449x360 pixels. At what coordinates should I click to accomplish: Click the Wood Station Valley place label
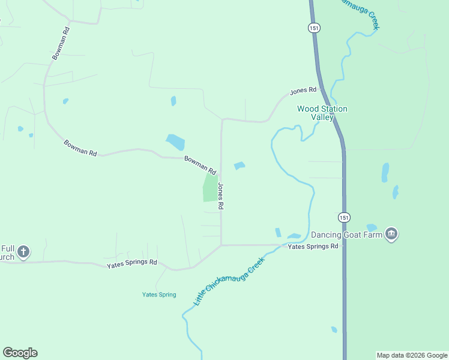click(322, 113)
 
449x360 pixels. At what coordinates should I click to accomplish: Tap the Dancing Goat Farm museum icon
click(391, 233)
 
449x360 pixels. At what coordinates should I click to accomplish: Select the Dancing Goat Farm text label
click(347, 234)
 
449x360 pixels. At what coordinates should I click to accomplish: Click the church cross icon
click(23, 251)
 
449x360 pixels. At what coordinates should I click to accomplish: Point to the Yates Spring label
click(159, 295)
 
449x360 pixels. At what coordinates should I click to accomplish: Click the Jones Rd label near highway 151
click(303, 91)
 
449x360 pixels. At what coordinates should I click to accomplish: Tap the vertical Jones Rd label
click(221, 196)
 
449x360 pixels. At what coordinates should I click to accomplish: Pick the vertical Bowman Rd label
click(61, 43)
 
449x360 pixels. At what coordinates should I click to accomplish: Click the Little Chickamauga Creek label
click(229, 282)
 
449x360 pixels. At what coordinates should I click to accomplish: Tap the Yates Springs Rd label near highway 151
click(313, 246)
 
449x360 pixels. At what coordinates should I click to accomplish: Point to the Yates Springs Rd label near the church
click(131, 263)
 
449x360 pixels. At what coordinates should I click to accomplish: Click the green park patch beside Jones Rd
click(210, 188)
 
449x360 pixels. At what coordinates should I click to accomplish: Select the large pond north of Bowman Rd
click(175, 142)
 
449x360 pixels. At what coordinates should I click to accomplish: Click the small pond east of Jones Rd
click(240, 166)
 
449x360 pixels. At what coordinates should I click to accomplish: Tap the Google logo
click(20, 353)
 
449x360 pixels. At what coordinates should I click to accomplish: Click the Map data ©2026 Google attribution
click(412, 355)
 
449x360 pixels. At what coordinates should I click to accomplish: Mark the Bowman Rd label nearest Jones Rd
click(200, 164)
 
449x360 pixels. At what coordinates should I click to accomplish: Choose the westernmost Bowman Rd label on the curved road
click(80, 148)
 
